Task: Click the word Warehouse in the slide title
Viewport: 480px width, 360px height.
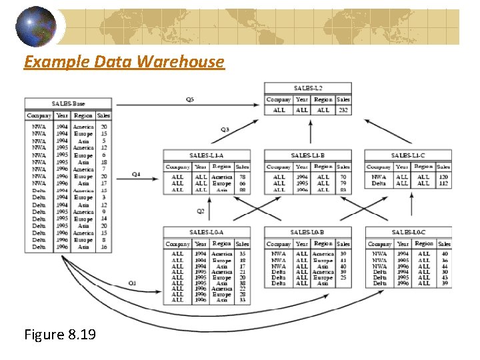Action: (180, 62)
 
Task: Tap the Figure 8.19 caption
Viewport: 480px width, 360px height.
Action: (59, 333)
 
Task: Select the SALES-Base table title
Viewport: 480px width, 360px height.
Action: (68, 104)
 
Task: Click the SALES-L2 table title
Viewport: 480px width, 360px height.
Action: (307, 88)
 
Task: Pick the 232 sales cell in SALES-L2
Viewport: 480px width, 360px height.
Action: (343, 110)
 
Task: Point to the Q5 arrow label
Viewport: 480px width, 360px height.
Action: (190, 100)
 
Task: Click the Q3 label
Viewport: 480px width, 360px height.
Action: (225, 129)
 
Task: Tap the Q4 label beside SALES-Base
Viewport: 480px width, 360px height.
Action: (136, 175)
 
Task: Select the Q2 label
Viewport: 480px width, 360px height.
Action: (200, 211)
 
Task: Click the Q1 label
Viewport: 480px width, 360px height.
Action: (132, 283)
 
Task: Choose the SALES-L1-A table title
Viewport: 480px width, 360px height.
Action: (206, 155)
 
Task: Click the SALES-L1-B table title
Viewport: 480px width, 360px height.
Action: (307, 155)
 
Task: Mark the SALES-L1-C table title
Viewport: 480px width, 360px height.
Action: (407, 155)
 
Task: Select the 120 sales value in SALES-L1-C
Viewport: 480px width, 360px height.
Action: (443, 177)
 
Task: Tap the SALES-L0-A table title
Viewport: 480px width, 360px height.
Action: (206, 232)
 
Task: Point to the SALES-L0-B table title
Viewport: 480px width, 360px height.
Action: (307, 232)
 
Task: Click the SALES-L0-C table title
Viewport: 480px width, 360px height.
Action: (408, 232)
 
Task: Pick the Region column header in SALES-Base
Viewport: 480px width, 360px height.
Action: (83, 115)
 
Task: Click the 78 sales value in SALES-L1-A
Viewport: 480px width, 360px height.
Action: (242, 177)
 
